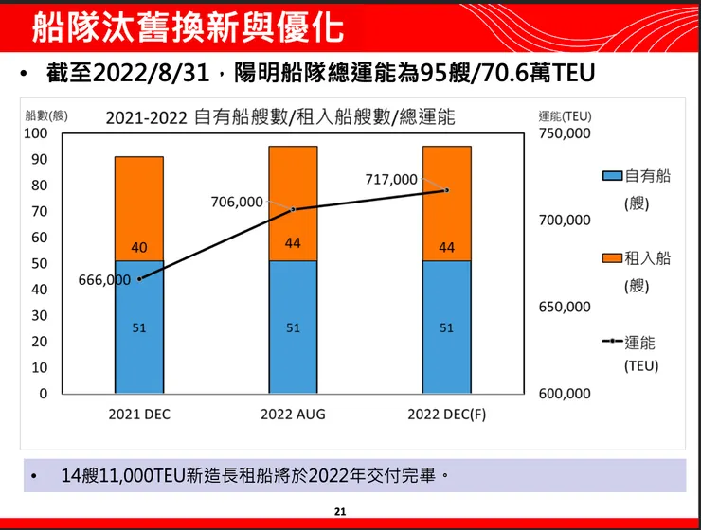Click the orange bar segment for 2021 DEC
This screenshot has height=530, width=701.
[x=139, y=208]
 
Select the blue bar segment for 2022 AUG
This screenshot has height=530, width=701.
[x=293, y=327]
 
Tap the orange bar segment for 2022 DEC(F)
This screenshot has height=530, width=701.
[x=447, y=203]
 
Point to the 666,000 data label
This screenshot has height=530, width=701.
[x=104, y=280]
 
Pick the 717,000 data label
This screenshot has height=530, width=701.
[x=391, y=179]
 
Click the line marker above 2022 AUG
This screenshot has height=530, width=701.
[x=293, y=209]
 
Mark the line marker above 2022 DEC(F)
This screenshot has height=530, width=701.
[x=447, y=190]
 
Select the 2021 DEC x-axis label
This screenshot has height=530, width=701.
[x=139, y=415]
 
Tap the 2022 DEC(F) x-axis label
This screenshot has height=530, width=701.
[x=446, y=415]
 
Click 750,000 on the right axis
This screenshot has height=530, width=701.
[x=565, y=133]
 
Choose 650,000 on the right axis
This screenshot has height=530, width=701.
[x=565, y=308]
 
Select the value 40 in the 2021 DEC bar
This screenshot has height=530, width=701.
[x=139, y=248]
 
